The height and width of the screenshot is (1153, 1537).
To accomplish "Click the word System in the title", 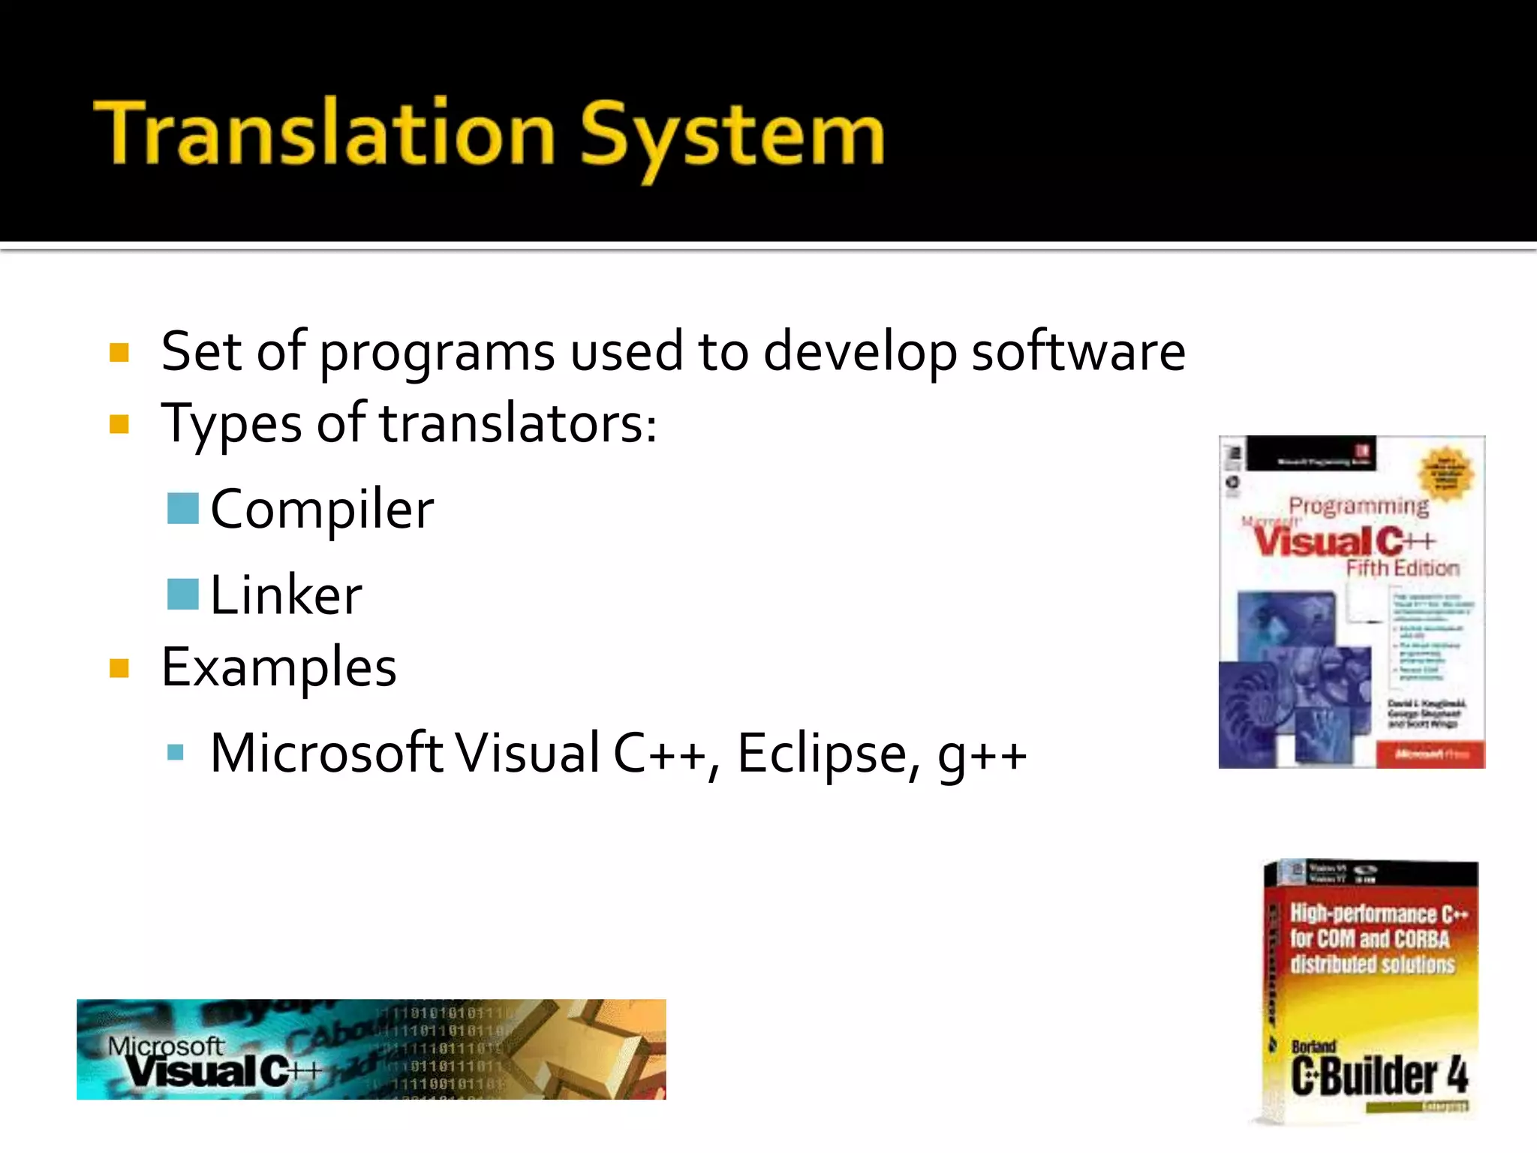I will (732, 137).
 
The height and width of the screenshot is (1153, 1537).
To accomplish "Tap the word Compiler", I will (322, 510).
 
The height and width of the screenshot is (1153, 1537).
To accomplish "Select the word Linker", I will (286, 595).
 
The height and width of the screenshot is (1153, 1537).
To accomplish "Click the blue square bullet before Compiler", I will (182, 508).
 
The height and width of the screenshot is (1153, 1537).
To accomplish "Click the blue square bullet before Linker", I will (182, 595).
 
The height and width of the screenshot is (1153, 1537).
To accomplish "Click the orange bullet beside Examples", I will (119, 667).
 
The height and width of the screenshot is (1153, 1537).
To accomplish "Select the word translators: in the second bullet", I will (518, 424).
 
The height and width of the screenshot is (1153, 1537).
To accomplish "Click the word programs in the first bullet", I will (437, 353).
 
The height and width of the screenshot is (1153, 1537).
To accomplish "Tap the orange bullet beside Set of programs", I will (119, 352).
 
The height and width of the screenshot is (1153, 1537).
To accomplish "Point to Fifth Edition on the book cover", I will (1402, 568).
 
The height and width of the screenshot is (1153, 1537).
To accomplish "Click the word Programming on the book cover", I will (1358, 507).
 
